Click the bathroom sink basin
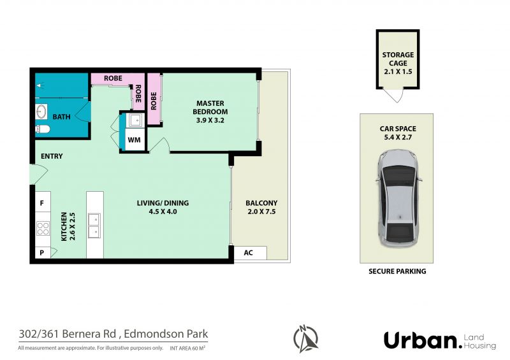[x=41, y=112]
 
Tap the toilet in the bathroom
[x=43, y=129]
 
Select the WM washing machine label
[x=134, y=140]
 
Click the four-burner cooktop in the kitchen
[x=43, y=228]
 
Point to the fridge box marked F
[x=43, y=202]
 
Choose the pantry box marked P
[x=43, y=253]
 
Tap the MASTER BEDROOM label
[x=210, y=107]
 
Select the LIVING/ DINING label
[x=163, y=203]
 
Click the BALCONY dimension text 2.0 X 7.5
[x=261, y=212]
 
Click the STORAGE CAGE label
[x=398, y=59]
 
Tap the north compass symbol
[x=305, y=338]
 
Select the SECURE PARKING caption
[x=397, y=271]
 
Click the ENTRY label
[x=52, y=156]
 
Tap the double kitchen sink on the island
[x=94, y=226]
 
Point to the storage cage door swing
[x=395, y=96]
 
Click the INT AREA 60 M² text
[x=187, y=348]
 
